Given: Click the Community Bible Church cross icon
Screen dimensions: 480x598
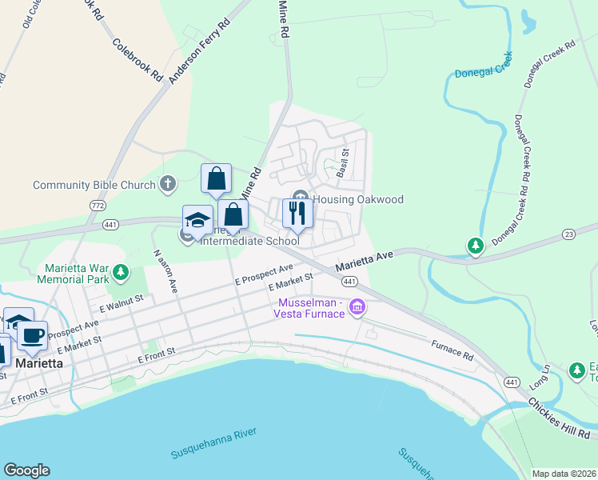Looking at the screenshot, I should [167, 185].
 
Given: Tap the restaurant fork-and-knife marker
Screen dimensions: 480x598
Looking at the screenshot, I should [297, 213].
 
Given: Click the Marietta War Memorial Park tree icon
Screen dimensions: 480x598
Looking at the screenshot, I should [121, 274].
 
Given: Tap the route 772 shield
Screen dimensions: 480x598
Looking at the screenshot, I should [97, 206].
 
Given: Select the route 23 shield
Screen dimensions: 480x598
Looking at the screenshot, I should [568, 234].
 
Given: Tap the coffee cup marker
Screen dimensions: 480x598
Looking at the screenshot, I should [32, 336].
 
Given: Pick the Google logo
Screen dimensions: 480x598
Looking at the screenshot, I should [26, 470].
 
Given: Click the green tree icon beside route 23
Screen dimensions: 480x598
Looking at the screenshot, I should [476, 245].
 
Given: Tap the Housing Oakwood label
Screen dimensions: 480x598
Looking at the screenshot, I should [357, 199].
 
